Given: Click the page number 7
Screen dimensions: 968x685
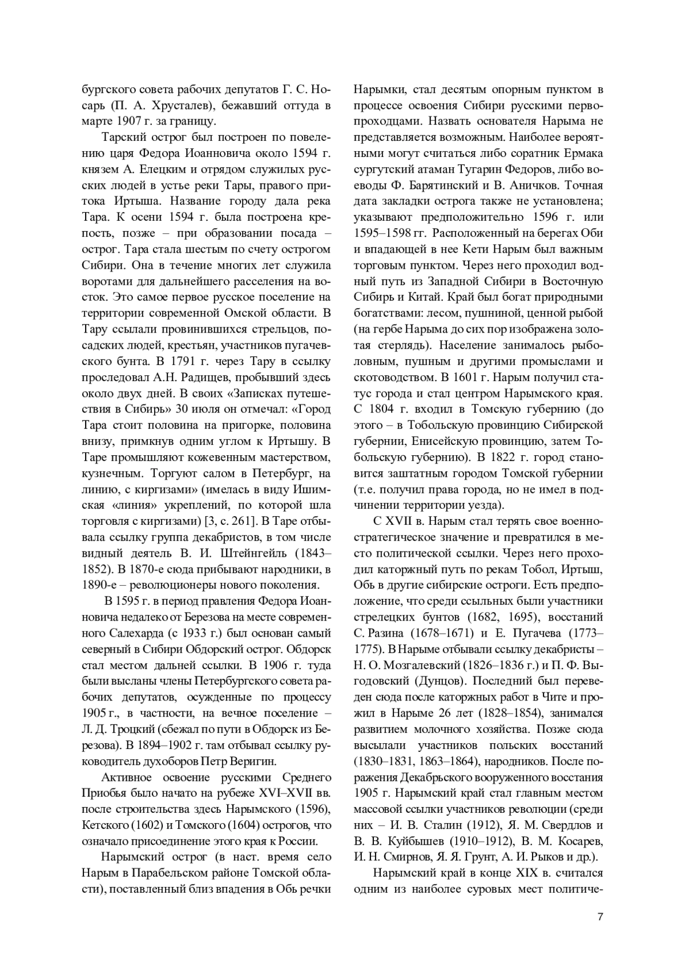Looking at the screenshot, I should pyautogui.click(x=600, y=917).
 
